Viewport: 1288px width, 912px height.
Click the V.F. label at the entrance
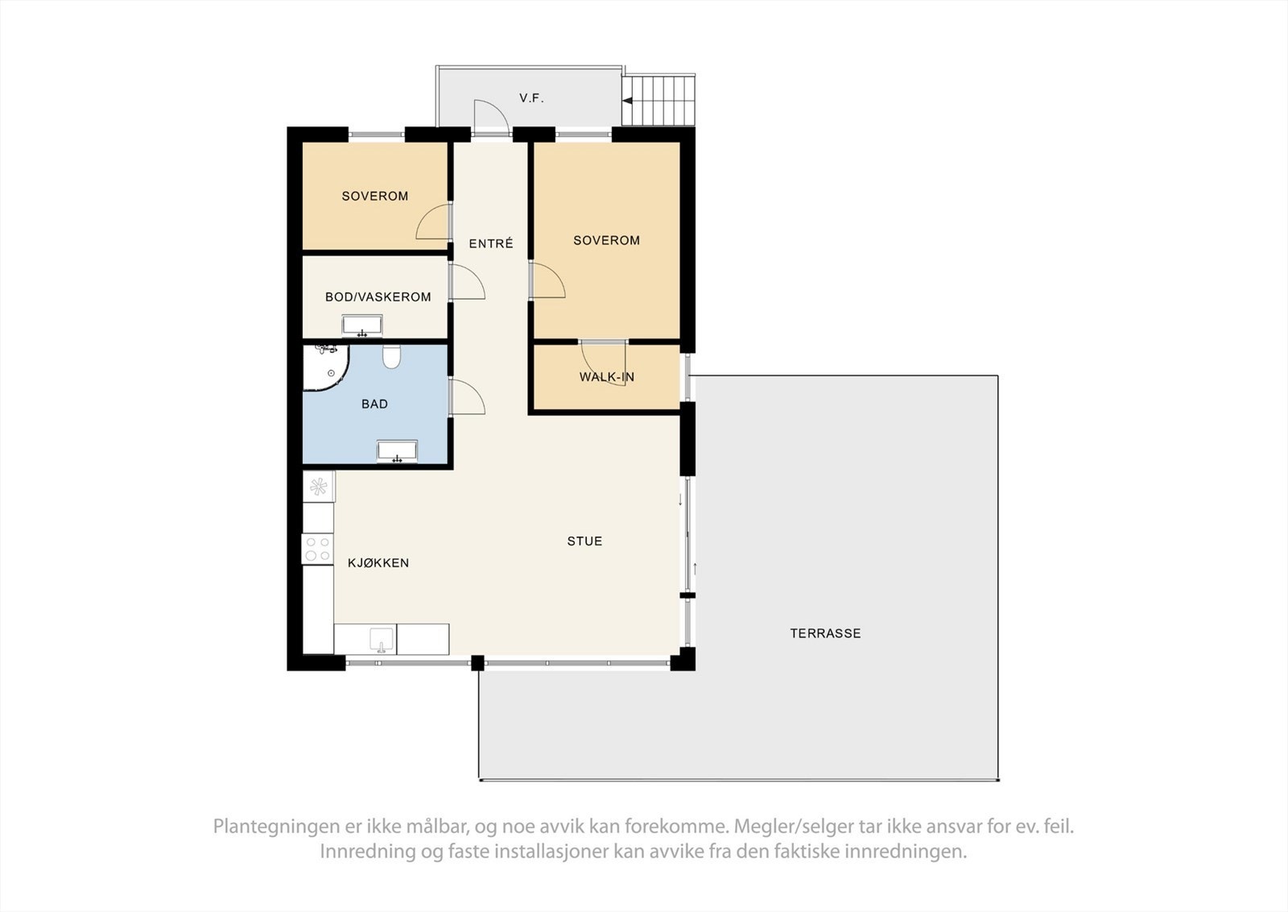(531, 98)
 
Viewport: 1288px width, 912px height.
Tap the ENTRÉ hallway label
(490, 243)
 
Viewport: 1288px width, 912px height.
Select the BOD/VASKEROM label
(378, 296)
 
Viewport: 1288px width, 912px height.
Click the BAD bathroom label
(374, 404)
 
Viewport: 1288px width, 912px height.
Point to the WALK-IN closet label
(606, 377)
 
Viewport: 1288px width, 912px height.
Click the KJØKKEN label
(378, 563)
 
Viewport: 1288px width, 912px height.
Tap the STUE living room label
(584, 541)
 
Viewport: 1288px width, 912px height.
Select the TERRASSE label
(825, 633)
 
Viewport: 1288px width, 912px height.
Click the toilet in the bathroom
(392, 356)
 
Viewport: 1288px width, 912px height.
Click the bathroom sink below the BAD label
(397, 452)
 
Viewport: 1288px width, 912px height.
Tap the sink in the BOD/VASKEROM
(362, 326)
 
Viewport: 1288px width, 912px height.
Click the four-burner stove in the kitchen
(317, 549)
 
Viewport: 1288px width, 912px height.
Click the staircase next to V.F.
(658, 101)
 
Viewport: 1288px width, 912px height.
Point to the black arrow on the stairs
(628, 101)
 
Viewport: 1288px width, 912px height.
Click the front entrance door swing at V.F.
(489, 118)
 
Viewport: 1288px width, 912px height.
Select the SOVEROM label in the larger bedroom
(606, 240)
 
